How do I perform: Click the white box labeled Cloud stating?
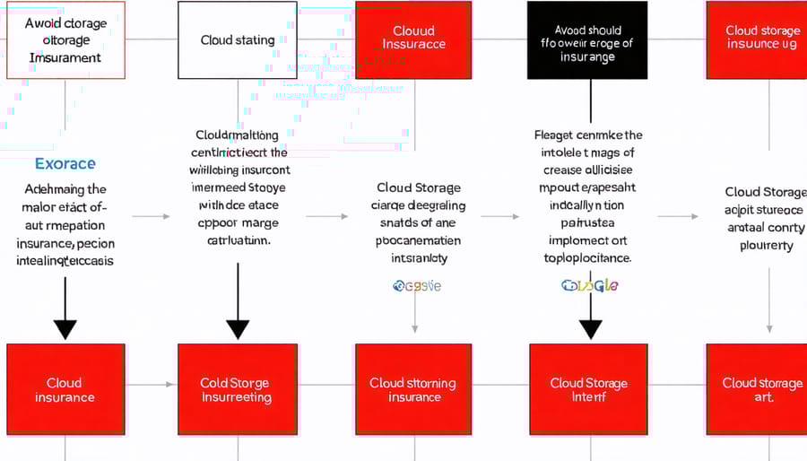237,40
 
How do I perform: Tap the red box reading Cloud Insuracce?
413,39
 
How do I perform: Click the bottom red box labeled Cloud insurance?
65,389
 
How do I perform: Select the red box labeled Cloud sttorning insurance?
413,389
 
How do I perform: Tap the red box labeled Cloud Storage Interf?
589,389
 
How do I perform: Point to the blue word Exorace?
65,164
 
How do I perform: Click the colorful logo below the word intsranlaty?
417,286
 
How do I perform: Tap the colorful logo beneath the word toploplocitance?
589,285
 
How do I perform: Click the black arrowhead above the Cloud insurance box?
65,328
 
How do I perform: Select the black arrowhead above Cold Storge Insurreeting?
237,328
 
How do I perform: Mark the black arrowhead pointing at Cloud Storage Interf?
589,328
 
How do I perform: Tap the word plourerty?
766,245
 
